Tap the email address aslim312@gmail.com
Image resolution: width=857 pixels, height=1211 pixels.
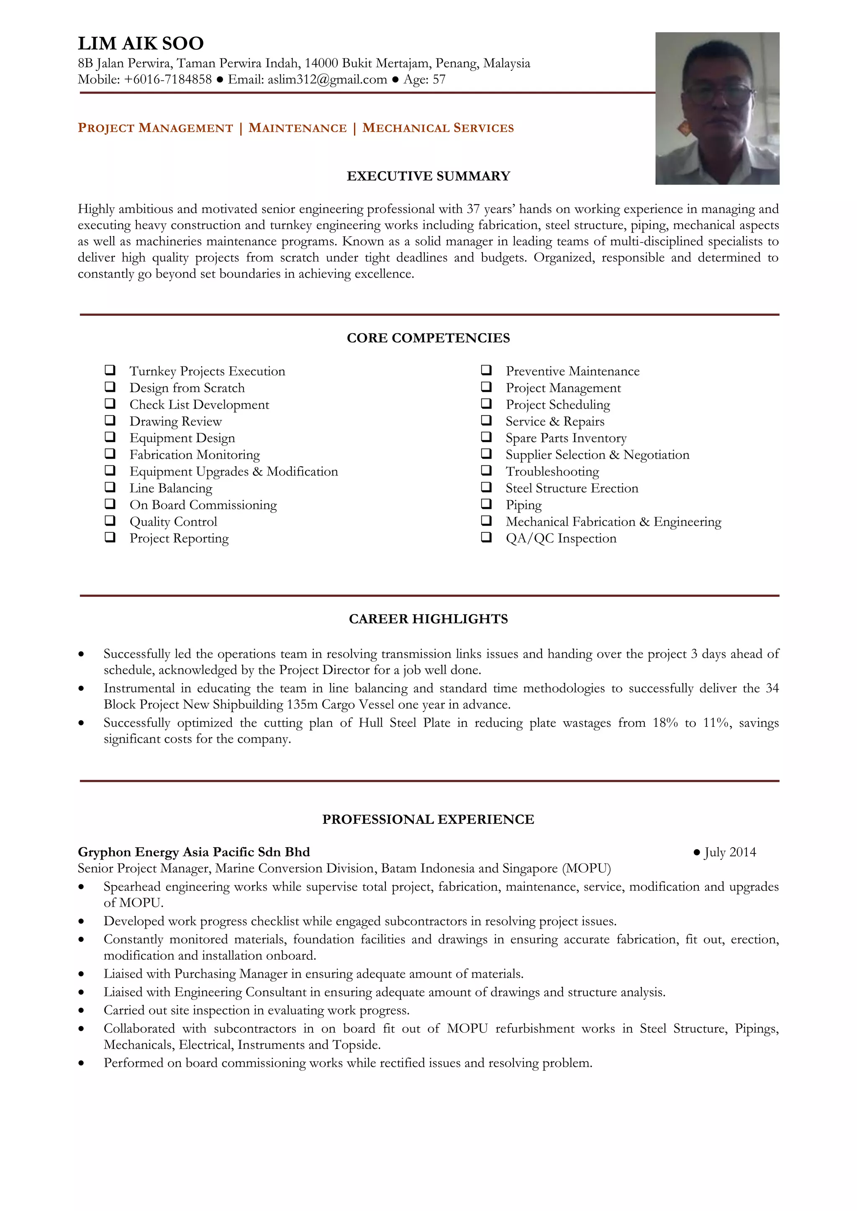tap(327, 79)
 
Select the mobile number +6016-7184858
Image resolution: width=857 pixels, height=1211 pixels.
tap(168, 79)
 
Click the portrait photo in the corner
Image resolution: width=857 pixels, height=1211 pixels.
tap(717, 108)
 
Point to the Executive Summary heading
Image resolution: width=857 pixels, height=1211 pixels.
tap(428, 176)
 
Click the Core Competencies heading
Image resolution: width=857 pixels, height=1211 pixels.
tap(428, 338)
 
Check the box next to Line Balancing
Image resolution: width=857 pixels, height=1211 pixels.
tap(110, 487)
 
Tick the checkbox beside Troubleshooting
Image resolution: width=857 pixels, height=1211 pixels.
tap(486, 470)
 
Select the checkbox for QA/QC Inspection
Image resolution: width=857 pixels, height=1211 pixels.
tap(486, 537)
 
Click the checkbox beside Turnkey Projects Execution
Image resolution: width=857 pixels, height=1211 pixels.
tap(110, 370)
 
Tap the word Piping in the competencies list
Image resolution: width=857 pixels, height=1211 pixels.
tap(523, 505)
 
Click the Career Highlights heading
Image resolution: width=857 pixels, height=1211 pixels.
tap(428, 619)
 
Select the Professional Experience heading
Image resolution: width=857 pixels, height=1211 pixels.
tap(428, 819)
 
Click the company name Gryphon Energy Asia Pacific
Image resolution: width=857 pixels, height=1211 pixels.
tap(194, 852)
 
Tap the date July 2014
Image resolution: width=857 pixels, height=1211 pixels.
tap(730, 852)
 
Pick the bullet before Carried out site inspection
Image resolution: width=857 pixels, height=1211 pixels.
tap(81, 1011)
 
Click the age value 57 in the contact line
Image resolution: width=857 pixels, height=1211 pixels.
tap(439, 79)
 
